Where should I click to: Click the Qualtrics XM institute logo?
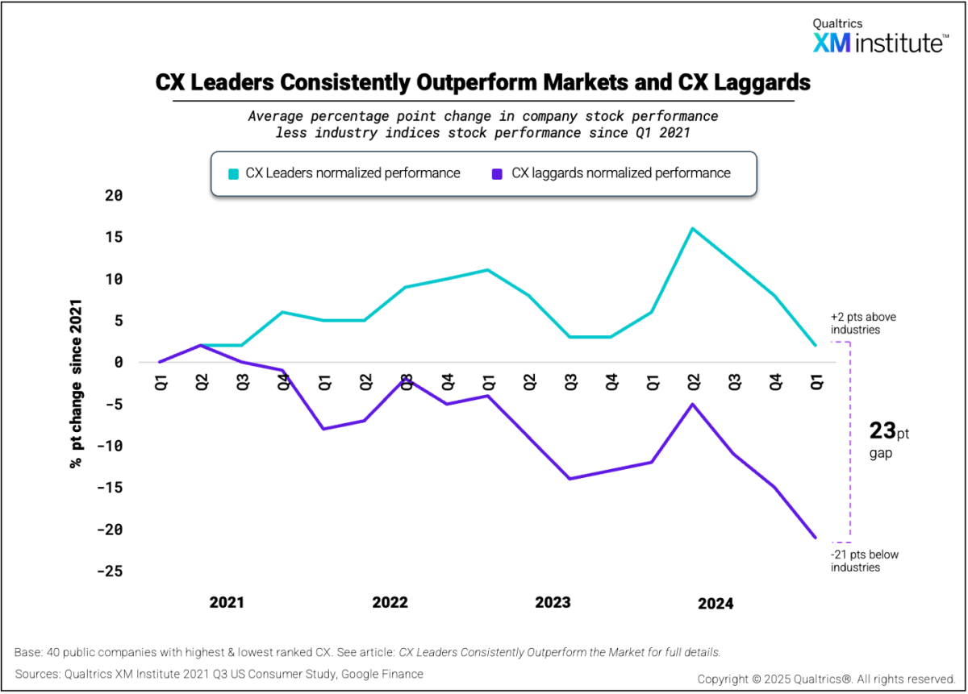(x=879, y=37)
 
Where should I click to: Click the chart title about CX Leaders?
(x=482, y=82)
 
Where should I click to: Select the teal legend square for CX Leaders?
(x=234, y=173)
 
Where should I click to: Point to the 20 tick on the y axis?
(x=112, y=195)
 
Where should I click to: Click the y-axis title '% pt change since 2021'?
(x=77, y=384)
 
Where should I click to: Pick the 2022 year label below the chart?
(x=390, y=603)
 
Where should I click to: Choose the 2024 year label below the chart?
(x=716, y=604)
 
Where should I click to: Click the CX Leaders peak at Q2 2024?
(x=692, y=228)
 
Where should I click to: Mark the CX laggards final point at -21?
(x=816, y=538)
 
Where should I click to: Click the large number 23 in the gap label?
(x=882, y=431)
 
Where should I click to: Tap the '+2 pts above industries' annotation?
(x=863, y=323)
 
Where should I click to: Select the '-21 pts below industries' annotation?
(x=865, y=560)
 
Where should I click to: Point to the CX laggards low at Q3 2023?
(x=570, y=479)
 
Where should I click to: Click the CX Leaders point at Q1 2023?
(x=488, y=270)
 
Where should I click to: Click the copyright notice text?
(x=826, y=679)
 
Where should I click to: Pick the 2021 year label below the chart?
(x=227, y=603)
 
